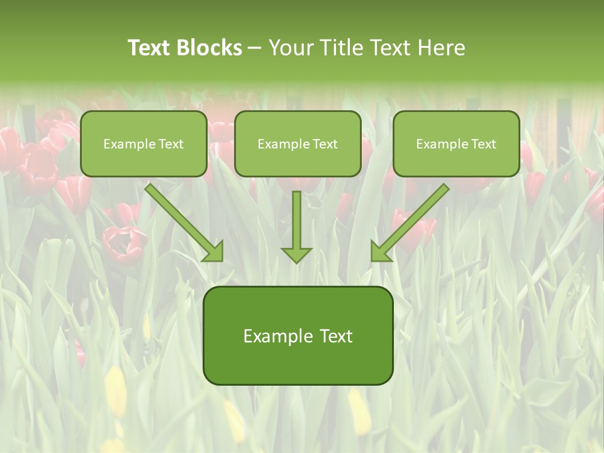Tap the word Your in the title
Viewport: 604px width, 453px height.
click(x=292, y=48)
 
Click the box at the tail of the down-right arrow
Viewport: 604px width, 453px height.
click(x=143, y=143)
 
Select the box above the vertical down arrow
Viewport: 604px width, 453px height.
click(x=298, y=143)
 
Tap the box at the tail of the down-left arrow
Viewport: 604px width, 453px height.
click(x=456, y=143)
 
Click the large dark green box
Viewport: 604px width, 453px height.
click(x=298, y=335)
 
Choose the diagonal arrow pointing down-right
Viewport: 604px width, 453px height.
click(x=184, y=221)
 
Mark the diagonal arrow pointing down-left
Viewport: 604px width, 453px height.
click(x=411, y=221)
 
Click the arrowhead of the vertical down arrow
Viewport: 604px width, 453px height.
click(x=296, y=254)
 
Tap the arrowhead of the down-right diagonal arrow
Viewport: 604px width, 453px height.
click(x=214, y=252)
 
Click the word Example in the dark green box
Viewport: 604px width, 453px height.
click(x=277, y=336)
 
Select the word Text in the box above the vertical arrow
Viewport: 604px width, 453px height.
click(x=325, y=144)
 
